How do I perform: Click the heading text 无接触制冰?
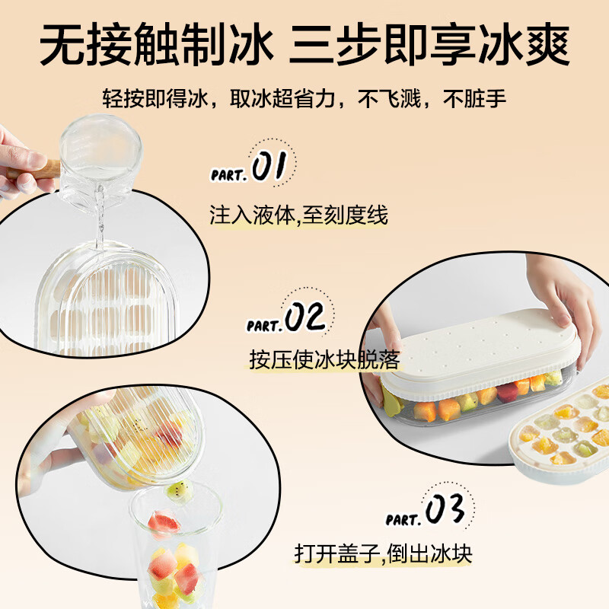pos(155,47)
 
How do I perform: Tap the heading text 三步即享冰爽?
pos(429,47)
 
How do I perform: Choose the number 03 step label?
pos(445,511)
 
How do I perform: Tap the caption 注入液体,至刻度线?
pos(298,215)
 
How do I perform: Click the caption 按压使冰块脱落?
pos(324,359)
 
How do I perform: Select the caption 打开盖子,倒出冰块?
pos(383,553)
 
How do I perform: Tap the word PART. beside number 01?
pos(228,174)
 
